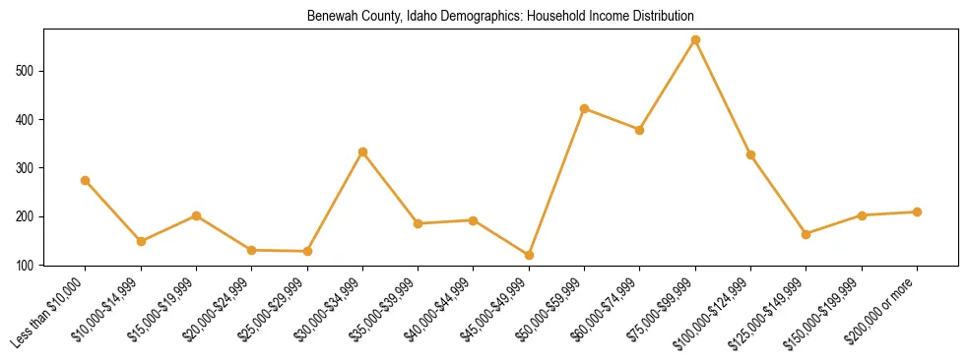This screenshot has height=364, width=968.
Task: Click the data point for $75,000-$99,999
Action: click(695, 40)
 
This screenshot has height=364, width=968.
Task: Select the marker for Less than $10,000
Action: click(86, 180)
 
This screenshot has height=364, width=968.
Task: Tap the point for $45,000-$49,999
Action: click(529, 255)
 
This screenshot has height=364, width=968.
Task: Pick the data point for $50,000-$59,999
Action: click(585, 108)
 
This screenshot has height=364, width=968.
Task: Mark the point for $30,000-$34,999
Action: click(362, 152)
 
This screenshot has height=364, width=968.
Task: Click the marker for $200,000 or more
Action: click(917, 212)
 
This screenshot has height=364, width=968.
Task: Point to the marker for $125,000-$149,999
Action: click(807, 234)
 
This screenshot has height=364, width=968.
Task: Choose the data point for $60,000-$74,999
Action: click(640, 130)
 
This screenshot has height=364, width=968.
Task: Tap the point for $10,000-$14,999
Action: click(141, 241)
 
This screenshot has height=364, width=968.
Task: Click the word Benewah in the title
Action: click(330, 17)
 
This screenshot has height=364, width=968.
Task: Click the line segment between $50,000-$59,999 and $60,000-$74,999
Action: click(613, 119)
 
